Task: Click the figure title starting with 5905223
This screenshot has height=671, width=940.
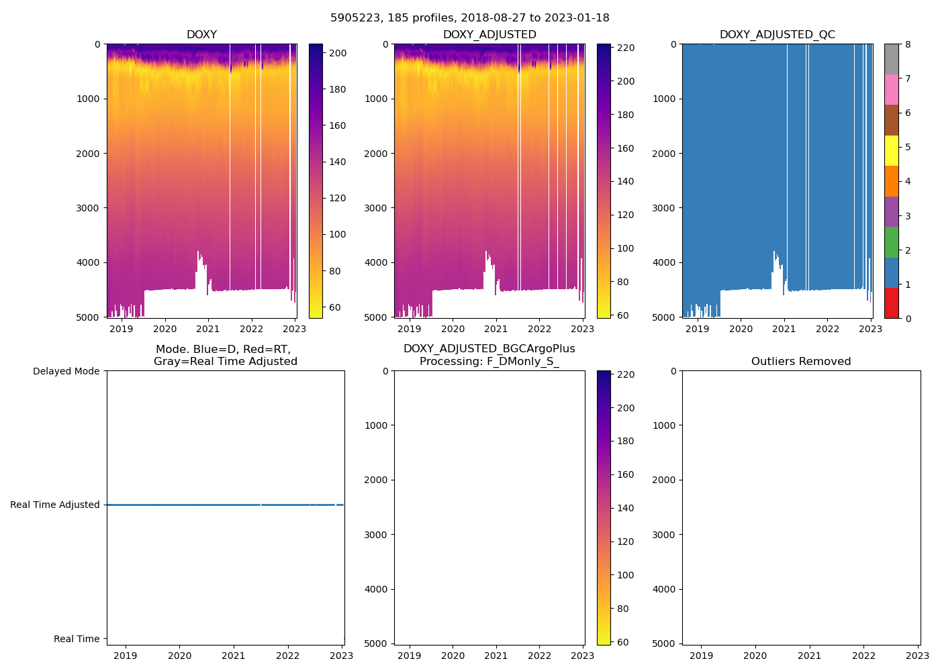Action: [470, 18]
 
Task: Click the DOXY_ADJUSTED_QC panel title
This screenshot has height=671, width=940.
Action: [777, 35]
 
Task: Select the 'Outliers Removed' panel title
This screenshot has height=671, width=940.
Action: [801, 362]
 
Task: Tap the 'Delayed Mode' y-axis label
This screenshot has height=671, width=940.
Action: [66, 371]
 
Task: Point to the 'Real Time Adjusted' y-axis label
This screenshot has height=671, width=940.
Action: [55, 505]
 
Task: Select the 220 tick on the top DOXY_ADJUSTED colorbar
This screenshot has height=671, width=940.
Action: [626, 48]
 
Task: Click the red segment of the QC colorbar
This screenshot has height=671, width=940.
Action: [891, 303]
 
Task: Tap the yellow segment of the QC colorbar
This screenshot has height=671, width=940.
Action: [891, 150]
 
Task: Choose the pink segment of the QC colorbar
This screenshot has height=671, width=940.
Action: [891, 89]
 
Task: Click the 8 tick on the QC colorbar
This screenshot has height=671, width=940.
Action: [908, 44]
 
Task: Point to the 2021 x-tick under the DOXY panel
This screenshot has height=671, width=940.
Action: [208, 329]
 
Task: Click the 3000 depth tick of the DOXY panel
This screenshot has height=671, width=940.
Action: [89, 208]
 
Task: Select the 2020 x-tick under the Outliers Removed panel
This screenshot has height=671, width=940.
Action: [755, 656]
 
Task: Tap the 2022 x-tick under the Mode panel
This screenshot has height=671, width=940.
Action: [287, 656]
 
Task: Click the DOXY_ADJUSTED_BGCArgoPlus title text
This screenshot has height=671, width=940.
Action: [489, 349]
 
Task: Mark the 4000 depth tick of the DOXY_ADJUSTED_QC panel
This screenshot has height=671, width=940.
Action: [665, 262]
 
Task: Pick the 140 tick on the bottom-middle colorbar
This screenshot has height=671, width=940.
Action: [626, 508]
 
